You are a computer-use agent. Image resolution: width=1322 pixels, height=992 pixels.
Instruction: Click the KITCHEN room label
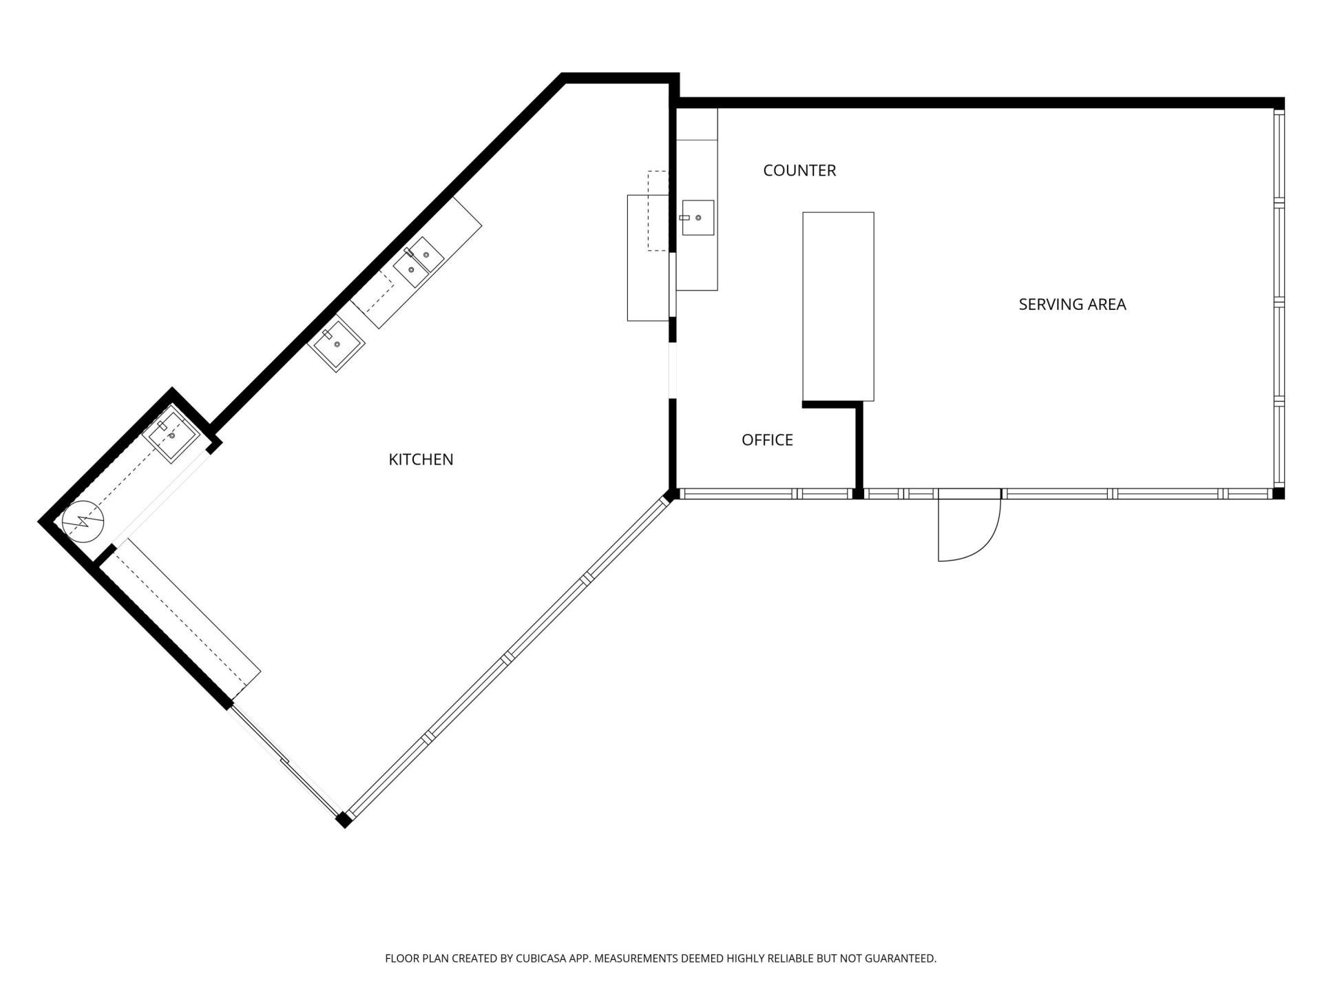click(x=421, y=459)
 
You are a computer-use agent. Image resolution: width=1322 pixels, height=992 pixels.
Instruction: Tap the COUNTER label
click(x=799, y=170)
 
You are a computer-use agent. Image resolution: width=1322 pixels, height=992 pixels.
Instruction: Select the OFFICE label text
click(x=767, y=440)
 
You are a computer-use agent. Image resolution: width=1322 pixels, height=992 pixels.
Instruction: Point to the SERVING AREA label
click(x=1072, y=304)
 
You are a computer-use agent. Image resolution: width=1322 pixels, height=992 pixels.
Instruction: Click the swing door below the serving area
click(x=967, y=527)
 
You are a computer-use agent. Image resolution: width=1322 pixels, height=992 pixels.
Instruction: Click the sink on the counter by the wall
click(x=697, y=217)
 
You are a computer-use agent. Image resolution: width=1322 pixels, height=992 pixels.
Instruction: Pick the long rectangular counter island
click(x=838, y=306)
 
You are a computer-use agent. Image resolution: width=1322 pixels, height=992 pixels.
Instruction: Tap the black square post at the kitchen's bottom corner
click(x=344, y=819)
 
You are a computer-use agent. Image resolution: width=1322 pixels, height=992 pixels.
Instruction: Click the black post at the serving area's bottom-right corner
click(x=1278, y=493)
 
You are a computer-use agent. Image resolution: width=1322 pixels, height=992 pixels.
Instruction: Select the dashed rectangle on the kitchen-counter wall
click(x=658, y=210)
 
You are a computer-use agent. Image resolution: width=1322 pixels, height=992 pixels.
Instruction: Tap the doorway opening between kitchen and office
click(x=673, y=370)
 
